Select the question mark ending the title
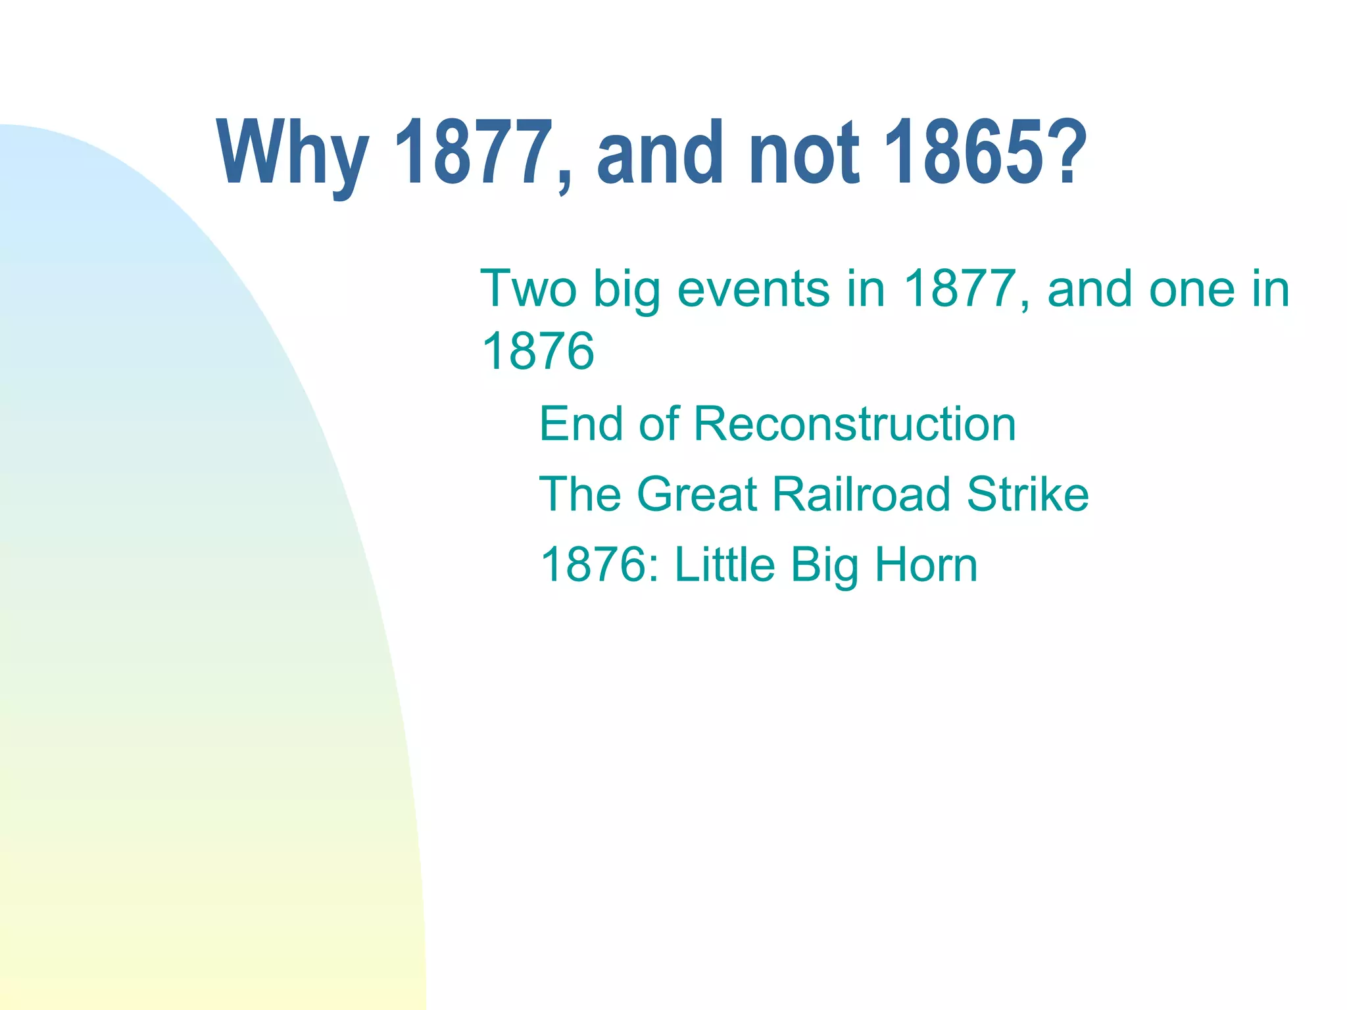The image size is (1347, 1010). click(1063, 153)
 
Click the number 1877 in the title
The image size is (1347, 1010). click(473, 153)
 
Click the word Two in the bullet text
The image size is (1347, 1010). click(528, 289)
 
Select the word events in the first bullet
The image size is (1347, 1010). click(752, 289)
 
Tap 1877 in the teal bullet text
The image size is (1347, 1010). click(960, 289)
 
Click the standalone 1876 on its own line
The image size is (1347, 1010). click(537, 350)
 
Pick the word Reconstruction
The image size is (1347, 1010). click(854, 424)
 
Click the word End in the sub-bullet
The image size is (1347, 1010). click(581, 424)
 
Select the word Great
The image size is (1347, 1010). click(697, 494)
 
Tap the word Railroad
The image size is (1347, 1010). click(862, 494)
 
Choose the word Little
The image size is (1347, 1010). click(725, 565)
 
